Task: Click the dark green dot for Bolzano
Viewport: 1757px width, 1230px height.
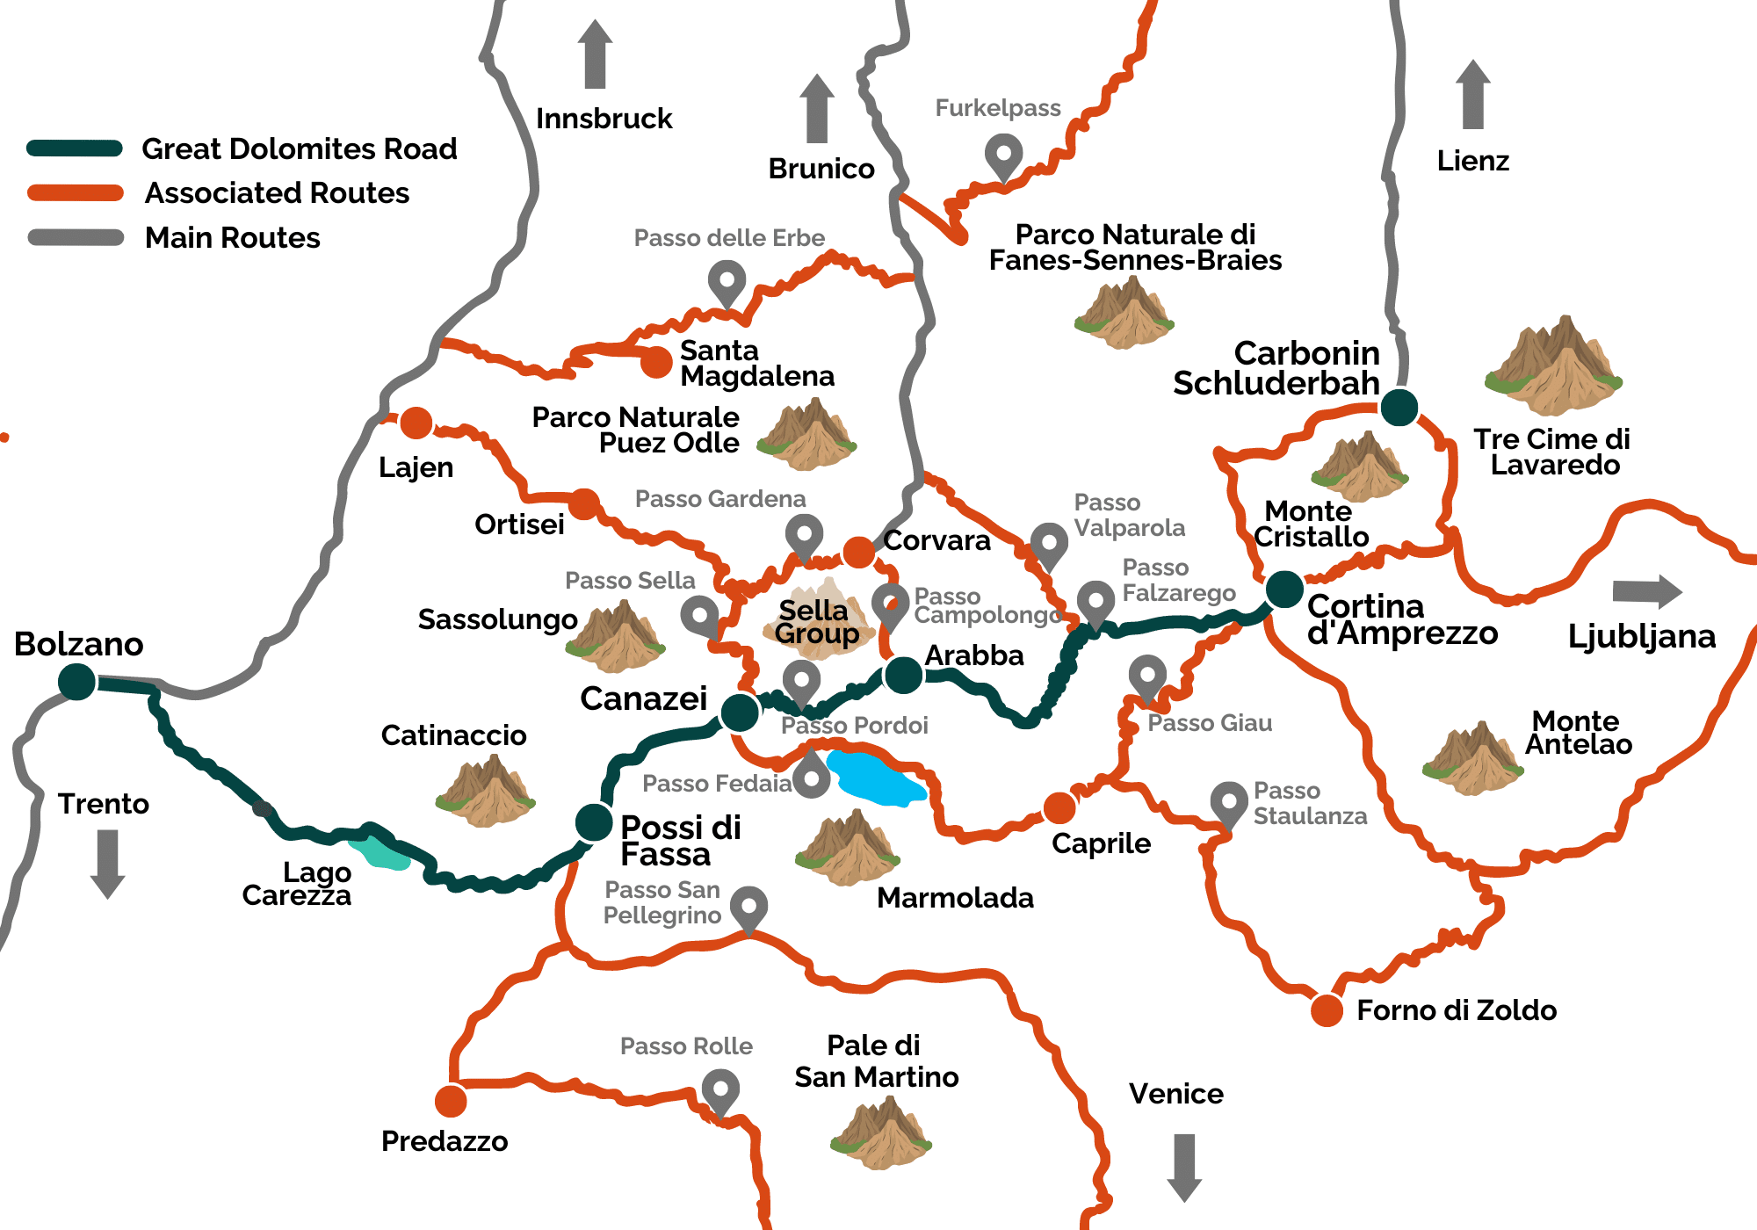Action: pyautogui.click(x=77, y=682)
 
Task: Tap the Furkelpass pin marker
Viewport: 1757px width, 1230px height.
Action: pyautogui.click(x=1003, y=156)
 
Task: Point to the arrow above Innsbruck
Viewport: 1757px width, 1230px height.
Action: pyautogui.click(x=596, y=54)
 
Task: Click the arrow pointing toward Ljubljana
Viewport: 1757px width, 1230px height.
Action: pyautogui.click(x=1646, y=591)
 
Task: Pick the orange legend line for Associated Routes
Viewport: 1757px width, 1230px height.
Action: pyautogui.click(x=76, y=193)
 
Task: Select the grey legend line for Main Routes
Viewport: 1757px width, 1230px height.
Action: pyautogui.click(x=76, y=238)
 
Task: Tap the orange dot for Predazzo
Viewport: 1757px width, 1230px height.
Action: pyautogui.click(x=451, y=1100)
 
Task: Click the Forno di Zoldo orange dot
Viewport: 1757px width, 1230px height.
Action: pyautogui.click(x=1327, y=1010)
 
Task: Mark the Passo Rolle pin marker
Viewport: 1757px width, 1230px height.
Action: pyautogui.click(x=720, y=1090)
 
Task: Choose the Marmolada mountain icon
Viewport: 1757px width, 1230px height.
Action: pyautogui.click(x=847, y=848)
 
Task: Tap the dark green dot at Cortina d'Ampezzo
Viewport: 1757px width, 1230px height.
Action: pyautogui.click(x=1283, y=589)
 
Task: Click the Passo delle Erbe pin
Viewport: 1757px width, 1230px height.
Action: pyautogui.click(x=727, y=284)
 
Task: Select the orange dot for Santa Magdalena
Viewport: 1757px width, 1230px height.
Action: pyautogui.click(x=655, y=361)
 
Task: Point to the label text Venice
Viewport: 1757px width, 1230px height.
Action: pyautogui.click(x=1175, y=1094)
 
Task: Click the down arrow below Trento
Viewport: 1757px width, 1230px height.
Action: pyautogui.click(x=107, y=864)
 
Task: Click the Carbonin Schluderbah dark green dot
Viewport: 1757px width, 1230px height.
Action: pyautogui.click(x=1399, y=407)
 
